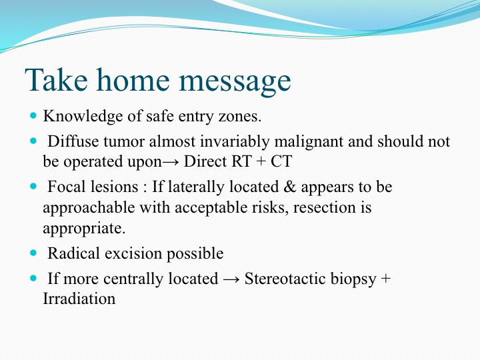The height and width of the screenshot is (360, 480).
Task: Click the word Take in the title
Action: pyautogui.click(x=56, y=79)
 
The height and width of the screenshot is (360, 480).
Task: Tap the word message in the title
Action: pyautogui.click(x=235, y=82)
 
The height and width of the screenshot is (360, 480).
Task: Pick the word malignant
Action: pyautogui.click(x=309, y=142)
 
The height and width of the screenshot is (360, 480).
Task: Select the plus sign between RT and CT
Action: pyautogui.click(x=261, y=162)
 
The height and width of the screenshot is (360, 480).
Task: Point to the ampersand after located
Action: pyautogui.click(x=289, y=187)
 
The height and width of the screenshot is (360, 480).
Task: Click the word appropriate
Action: pyautogui.click(x=84, y=229)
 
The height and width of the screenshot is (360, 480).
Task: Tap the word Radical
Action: pyautogui.click(x=74, y=253)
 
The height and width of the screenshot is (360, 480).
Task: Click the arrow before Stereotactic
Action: pyautogui.click(x=231, y=279)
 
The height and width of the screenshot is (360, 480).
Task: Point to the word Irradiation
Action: pyautogui.click(x=79, y=299)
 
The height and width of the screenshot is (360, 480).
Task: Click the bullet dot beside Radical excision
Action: pyautogui.click(x=33, y=253)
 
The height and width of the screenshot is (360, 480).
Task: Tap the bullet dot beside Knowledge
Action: pyautogui.click(x=33, y=116)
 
